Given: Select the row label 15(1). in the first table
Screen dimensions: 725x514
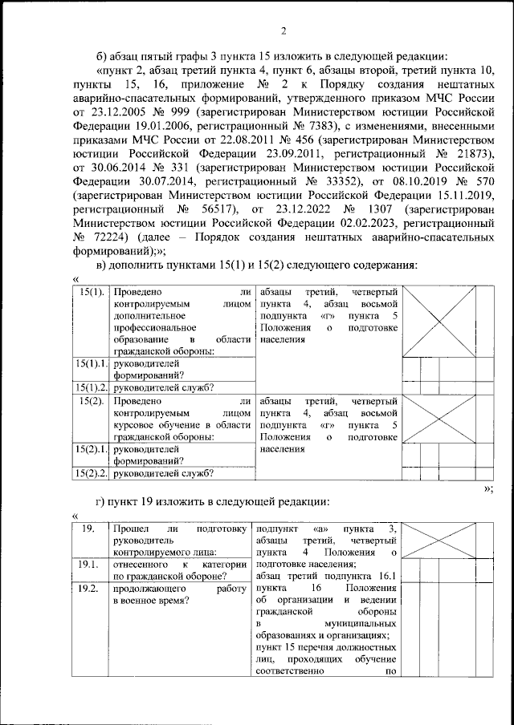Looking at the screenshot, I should (x=92, y=293).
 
